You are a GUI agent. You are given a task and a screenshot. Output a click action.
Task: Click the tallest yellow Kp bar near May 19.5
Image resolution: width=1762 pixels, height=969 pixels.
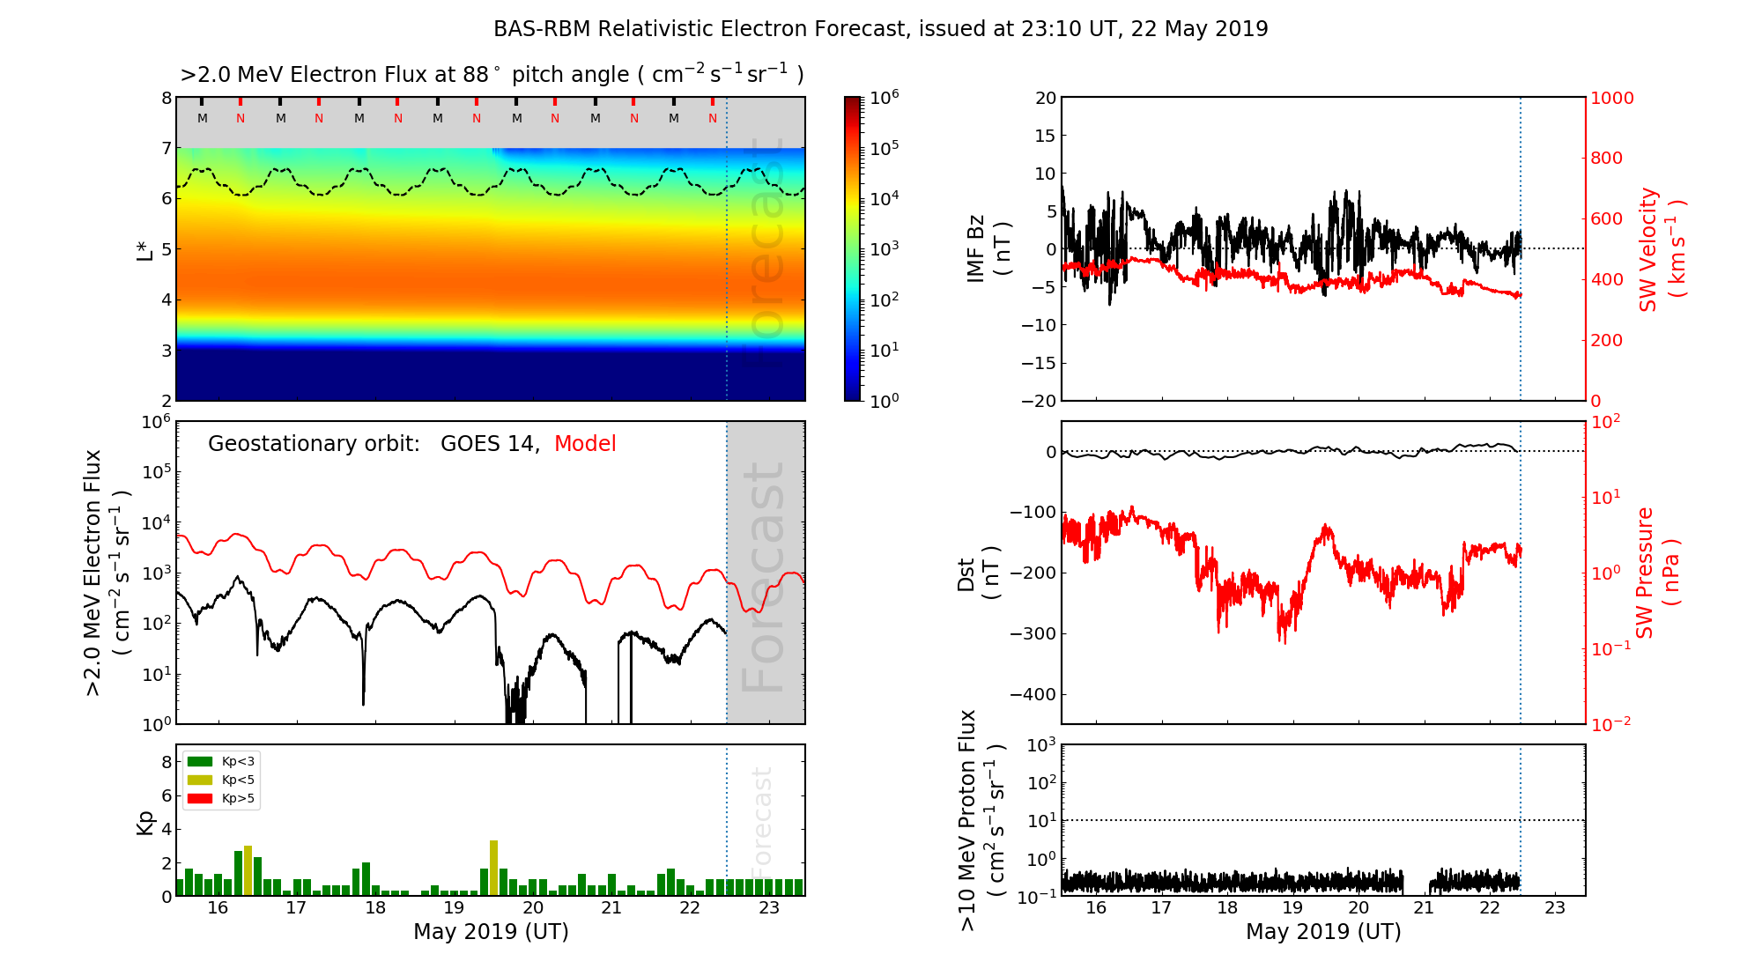[x=493, y=868]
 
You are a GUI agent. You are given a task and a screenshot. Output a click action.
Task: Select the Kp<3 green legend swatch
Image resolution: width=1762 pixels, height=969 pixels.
[x=200, y=761]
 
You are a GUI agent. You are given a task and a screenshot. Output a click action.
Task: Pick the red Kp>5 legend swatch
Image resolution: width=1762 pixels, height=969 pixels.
[x=200, y=799]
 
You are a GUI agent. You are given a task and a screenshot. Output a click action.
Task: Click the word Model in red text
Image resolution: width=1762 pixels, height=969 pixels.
[x=585, y=444]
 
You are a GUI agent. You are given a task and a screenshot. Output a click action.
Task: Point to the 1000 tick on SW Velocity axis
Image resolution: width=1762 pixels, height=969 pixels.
[x=1611, y=98]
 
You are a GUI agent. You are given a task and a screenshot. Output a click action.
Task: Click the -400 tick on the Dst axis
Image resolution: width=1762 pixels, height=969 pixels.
[x=1033, y=694]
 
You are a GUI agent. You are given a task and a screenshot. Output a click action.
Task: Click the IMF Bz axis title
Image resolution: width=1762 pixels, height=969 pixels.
[x=988, y=248]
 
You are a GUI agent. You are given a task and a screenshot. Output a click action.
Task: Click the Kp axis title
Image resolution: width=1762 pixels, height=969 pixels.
[x=145, y=822]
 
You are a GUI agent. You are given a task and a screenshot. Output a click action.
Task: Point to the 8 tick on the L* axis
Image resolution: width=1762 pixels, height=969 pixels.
[x=166, y=98]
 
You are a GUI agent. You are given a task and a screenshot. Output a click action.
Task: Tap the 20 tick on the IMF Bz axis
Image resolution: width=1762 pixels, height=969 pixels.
[x=1045, y=98]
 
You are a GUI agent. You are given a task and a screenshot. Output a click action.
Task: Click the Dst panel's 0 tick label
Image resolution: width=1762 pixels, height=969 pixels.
[x=1050, y=452]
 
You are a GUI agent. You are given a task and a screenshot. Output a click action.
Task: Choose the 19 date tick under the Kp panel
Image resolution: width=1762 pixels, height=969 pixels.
[x=454, y=908]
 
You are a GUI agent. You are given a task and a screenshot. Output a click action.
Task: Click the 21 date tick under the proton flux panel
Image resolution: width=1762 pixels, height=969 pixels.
[x=1424, y=908]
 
